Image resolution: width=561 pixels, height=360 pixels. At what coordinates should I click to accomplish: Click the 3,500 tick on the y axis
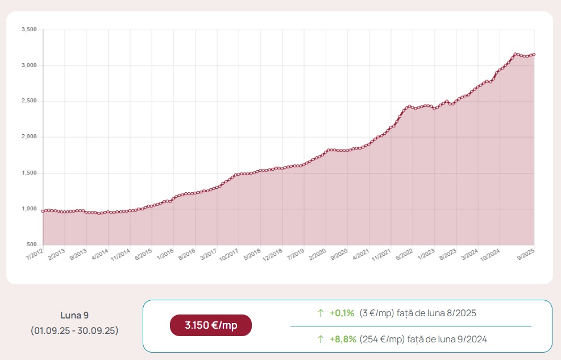pyautogui.click(x=29, y=30)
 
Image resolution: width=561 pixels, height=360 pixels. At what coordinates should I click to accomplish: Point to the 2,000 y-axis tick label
pyautogui.click(x=29, y=137)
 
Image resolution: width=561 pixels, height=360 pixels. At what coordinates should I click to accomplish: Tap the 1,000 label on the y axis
pyautogui.click(x=29, y=209)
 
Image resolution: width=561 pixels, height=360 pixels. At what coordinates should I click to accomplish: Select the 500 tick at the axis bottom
pyautogui.click(x=32, y=245)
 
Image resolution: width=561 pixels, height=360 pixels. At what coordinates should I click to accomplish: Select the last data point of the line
pyautogui.click(x=534, y=55)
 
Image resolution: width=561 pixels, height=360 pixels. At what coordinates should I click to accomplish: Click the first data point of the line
pyautogui.click(x=43, y=211)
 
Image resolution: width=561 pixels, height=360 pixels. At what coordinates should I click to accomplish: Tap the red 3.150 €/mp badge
pyautogui.click(x=211, y=325)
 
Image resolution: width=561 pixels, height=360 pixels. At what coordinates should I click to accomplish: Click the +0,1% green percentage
pyautogui.click(x=342, y=313)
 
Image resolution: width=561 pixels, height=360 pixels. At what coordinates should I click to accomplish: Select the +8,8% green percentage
pyautogui.click(x=343, y=339)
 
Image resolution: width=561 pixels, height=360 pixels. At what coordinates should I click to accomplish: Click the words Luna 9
pyautogui.click(x=74, y=315)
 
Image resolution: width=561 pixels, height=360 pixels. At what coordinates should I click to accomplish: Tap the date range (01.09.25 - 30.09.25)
pyautogui.click(x=74, y=330)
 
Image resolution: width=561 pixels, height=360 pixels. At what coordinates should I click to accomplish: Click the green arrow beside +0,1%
pyautogui.click(x=321, y=313)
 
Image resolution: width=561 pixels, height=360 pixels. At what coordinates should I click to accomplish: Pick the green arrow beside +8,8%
pyautogui.click(x=321, y=339)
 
